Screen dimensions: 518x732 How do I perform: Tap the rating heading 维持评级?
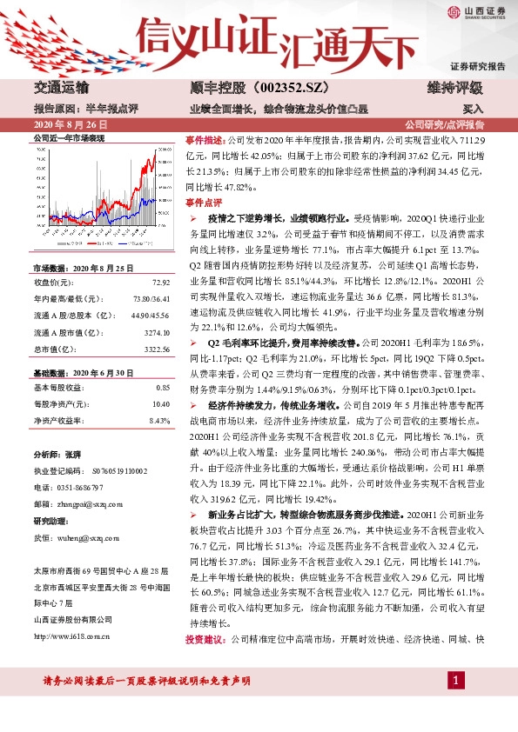(x=453, y=88)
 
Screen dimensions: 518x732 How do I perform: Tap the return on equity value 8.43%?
(x=160, y=420)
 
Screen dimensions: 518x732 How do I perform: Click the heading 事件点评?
(x=205, y=201)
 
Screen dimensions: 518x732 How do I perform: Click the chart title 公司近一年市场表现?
(x=68, y=138)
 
